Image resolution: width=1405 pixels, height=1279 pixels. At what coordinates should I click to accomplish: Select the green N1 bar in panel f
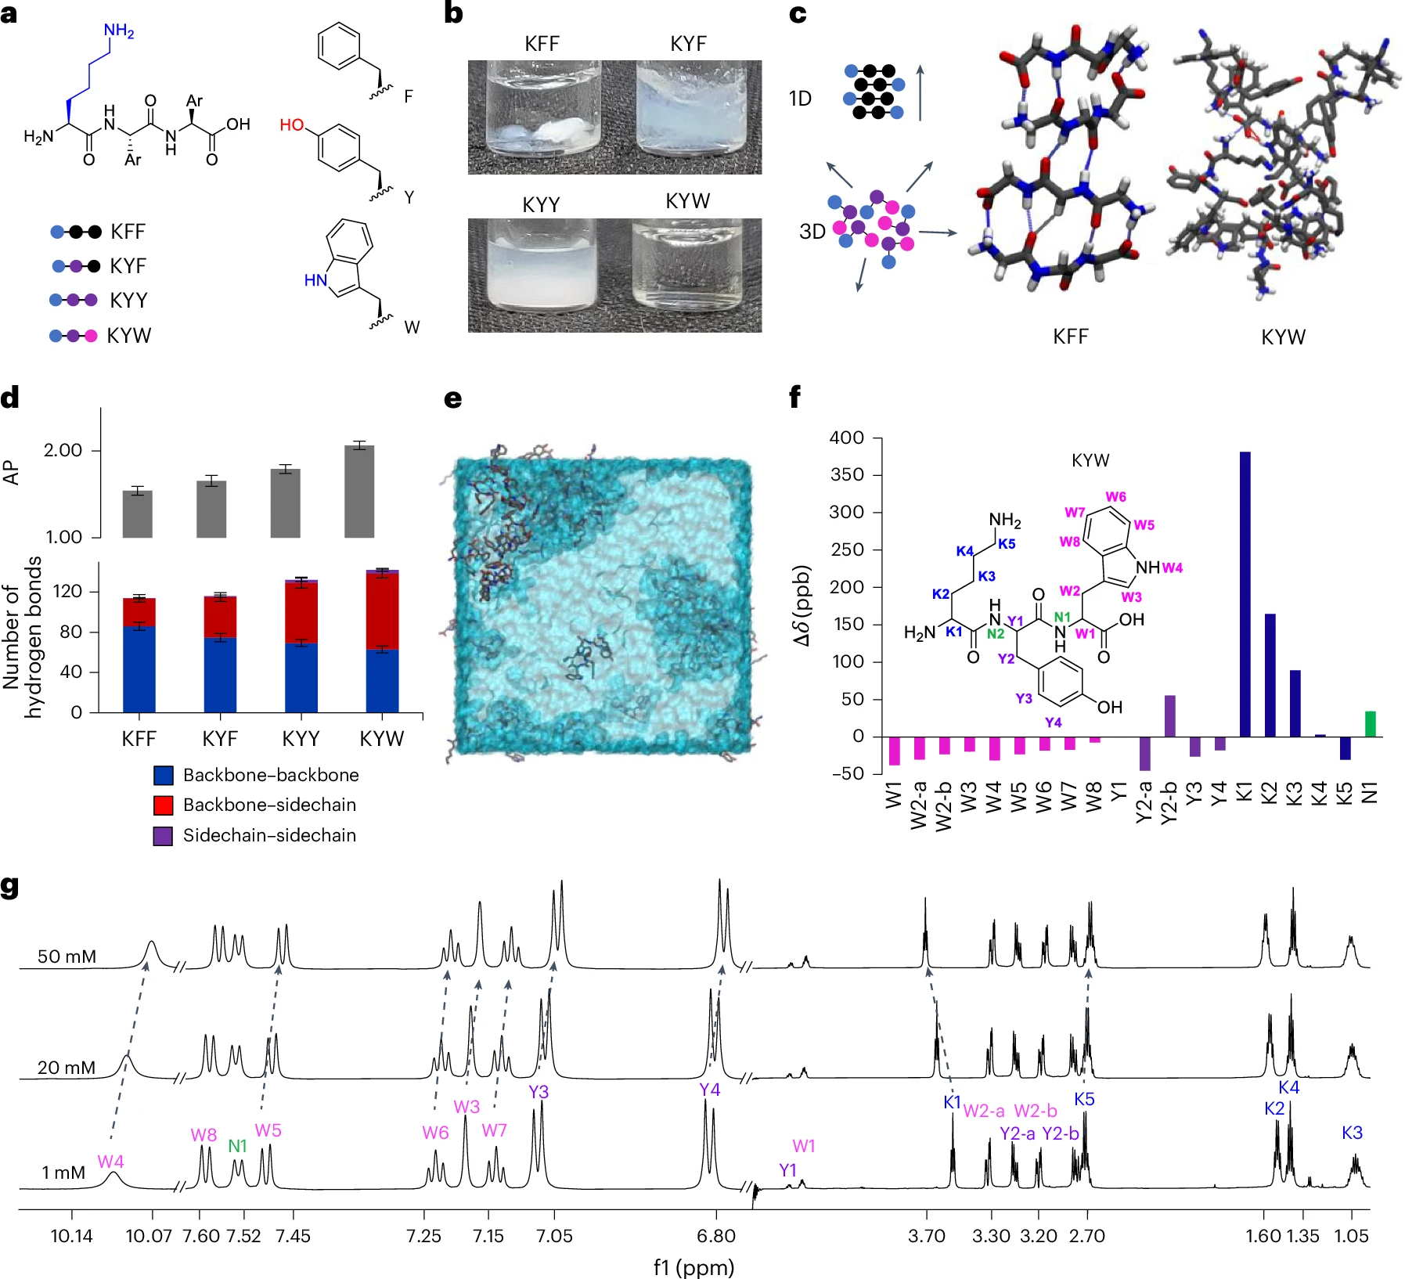1370,723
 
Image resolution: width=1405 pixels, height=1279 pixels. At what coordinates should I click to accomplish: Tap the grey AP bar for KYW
359,492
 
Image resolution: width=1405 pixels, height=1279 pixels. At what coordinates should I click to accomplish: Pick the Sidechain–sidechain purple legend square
163,835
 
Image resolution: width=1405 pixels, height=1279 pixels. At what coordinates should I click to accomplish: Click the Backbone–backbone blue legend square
163,775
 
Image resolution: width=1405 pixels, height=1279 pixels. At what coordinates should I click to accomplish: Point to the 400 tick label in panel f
846,438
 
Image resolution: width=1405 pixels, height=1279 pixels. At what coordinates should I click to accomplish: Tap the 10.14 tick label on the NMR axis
71,1236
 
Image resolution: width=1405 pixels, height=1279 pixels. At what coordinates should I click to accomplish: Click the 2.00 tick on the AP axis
63,450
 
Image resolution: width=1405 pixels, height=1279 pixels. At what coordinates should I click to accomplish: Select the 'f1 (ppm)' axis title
693,1266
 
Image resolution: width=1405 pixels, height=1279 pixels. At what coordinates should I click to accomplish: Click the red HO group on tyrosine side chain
292,125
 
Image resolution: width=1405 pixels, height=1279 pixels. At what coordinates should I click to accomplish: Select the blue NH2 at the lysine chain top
119,31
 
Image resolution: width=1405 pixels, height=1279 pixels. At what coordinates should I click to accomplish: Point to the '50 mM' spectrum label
67,957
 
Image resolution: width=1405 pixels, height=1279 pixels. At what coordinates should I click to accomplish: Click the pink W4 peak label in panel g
110,1162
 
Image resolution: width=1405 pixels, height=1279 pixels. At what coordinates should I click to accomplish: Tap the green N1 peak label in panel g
237,1146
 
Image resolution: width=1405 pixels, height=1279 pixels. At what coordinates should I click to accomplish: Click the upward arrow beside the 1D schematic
920,92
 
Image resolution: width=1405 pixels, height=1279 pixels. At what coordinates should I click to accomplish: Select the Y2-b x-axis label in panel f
1169,803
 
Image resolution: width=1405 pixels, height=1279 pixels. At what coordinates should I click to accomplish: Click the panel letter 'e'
452,399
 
